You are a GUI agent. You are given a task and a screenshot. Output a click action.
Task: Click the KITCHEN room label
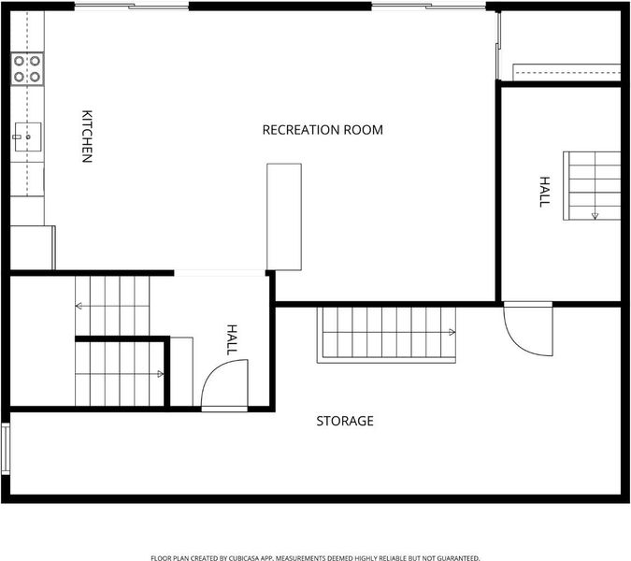click(87, 136)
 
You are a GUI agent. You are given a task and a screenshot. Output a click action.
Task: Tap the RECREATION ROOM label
click(323, 130)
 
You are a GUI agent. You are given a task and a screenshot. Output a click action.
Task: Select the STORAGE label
click(345, 421)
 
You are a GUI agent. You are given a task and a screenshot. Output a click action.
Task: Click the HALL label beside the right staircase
click(544, 192)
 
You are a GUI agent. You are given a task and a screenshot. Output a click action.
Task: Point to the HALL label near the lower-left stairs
click(232, 339)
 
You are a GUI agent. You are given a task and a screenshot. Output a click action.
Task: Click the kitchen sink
click(28, 137)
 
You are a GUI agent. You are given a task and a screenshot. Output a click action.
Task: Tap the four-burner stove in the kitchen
click(27, 68)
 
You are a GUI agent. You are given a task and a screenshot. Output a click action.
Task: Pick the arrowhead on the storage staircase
click(452, 333)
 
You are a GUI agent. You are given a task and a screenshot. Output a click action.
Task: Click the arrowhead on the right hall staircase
click(595, 216)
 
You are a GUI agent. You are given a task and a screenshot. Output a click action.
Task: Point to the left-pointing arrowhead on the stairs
click(79, 307)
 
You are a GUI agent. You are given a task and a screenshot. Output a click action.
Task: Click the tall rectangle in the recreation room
click(284, 217)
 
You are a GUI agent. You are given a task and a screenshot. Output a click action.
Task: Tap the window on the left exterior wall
click(6, 449)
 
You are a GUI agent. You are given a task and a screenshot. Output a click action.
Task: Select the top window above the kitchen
click(132, 6)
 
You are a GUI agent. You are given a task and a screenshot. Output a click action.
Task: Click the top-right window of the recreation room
click(428, 6)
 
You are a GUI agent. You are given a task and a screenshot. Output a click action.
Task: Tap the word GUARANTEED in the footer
click(458, 558)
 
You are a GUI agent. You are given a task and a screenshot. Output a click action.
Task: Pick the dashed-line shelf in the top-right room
click(566, 72)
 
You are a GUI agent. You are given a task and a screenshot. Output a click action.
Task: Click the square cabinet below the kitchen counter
click(32, 248)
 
